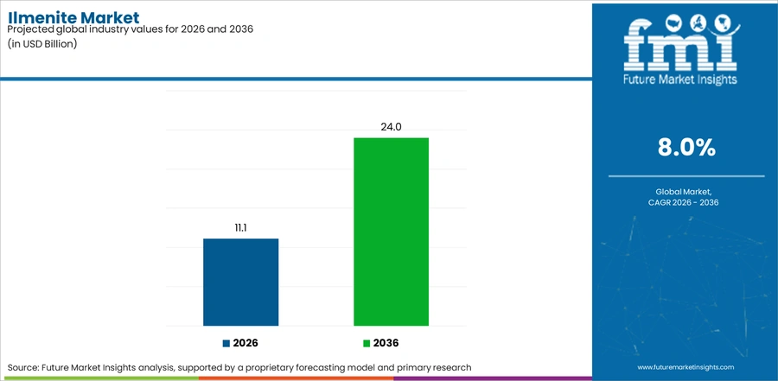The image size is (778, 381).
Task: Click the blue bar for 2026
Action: pyautogui.click(x=240, y=283)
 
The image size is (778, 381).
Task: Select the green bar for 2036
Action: pyautogui.click(x=391, y=232)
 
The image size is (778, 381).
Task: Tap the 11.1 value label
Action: pyautogui.click(x=240, y=228)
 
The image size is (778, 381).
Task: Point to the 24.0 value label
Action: pyautogui.click(x=391, y=127)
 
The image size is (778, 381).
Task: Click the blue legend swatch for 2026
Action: pyautogui.click(x=226, y=343)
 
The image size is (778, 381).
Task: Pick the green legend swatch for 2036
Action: pyautogui.click(x=367, y=343)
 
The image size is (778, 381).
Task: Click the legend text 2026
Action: pyautogui.click(x=246, y=343)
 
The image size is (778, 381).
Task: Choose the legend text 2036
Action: pyautogui.click(x=386, y=343)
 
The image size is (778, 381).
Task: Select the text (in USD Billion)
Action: pyautogui.click(x=41, y=43)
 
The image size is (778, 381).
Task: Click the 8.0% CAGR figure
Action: pyautogui.click(x=686, y=148)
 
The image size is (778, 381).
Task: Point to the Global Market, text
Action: pyautogui.click(x=686, y=192)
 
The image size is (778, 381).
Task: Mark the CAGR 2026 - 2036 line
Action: pyautogui.click(x=686, y=202)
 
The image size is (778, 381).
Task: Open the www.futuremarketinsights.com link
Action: pyautogui.click(x=686, y=367)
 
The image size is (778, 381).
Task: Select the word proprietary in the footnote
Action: pyautogui.click(x=301, y=368)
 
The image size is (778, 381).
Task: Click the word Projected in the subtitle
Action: pyautogui.click(x=29, y=29)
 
